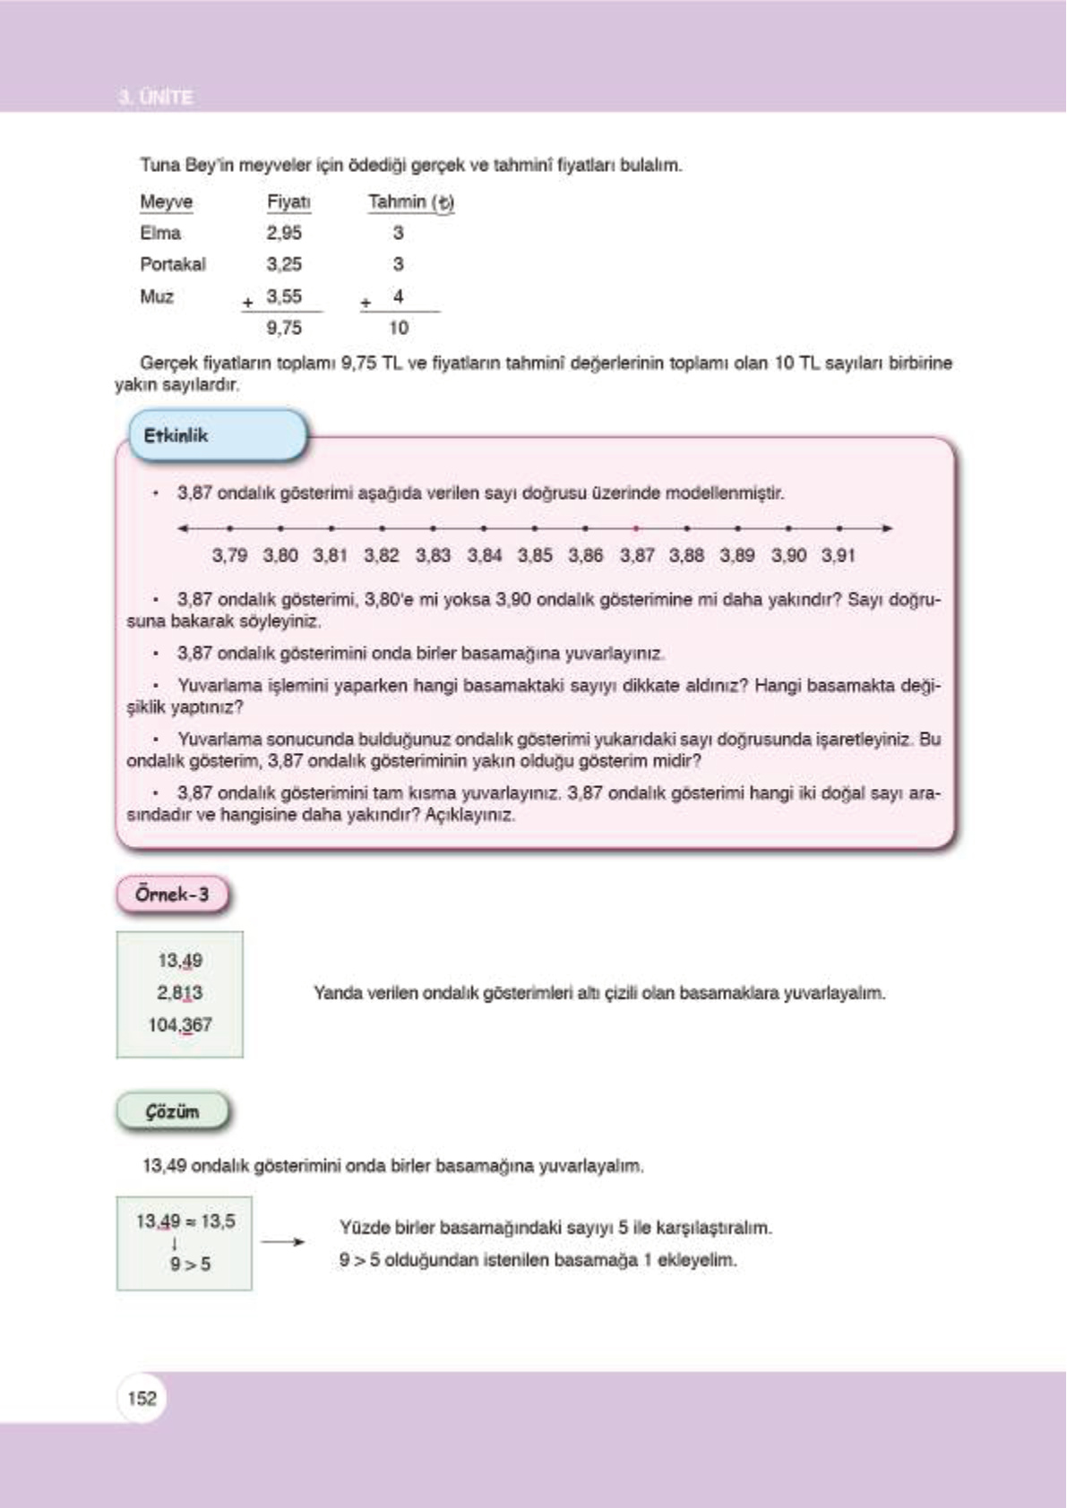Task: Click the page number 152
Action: click(142, 1398)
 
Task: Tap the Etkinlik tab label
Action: click(176, 436)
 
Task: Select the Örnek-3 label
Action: click(172, 894)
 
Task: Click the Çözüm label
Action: click(172, 1111)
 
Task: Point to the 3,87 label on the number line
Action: click(637, 555)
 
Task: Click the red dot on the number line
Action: click(636, 528)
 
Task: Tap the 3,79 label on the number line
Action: click(229, 555)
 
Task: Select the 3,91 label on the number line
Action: click(839, 555)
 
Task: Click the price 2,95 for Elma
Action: click(284, 233)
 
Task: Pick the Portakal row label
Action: click(173, 264)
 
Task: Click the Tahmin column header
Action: click(410, 202)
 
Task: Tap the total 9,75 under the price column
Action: click(284, 328)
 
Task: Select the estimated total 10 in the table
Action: click(399, 328)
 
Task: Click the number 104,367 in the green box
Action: click(180, 1024)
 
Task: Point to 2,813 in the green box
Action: click(180, 992)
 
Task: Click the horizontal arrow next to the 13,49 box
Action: click(283, 1242)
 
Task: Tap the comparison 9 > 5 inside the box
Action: click(190, 1264)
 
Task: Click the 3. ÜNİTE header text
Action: click(156, 97)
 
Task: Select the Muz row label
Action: click(157, 296)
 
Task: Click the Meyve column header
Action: click(166, 201)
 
